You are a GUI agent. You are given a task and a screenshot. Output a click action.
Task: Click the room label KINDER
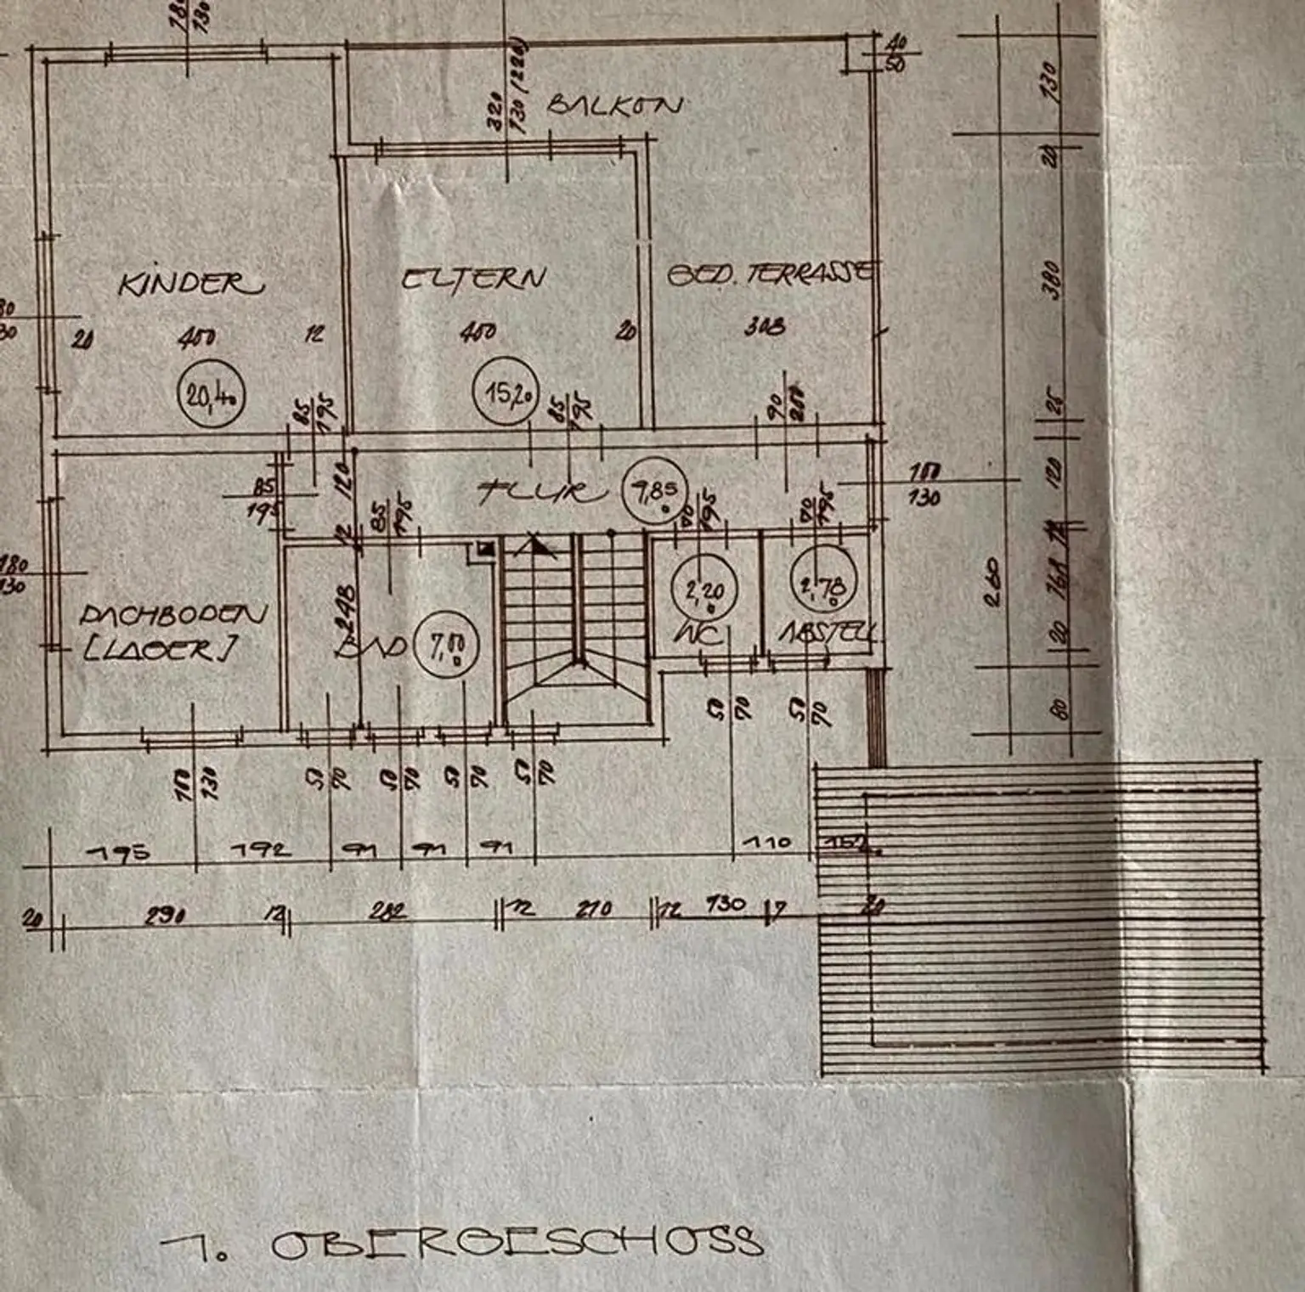tap(190, 284)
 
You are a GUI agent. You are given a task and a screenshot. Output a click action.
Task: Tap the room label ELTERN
tap(472, 279)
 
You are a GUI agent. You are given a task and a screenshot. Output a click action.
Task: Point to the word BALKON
tap(613, 105)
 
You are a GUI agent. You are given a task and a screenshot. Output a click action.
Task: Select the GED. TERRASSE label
tap(769, 274)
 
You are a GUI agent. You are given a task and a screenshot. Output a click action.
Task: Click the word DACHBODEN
tap(173, 614)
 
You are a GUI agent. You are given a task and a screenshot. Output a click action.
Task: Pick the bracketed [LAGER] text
tap(159, 650)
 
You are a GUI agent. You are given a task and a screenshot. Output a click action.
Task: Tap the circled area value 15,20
tap(506, 392)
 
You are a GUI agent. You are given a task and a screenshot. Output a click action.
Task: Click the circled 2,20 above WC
tap(704, 587)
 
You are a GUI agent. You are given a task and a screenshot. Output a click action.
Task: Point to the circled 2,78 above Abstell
tap(822, 584)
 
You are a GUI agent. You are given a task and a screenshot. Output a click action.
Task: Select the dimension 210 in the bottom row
tap(593, 909)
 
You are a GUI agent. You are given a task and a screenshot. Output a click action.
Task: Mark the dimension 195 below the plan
tap(120, 851)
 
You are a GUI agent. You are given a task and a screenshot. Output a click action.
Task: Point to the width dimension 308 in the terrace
tap(764, 325)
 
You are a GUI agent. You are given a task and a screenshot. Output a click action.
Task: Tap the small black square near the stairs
tap(487, 549)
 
